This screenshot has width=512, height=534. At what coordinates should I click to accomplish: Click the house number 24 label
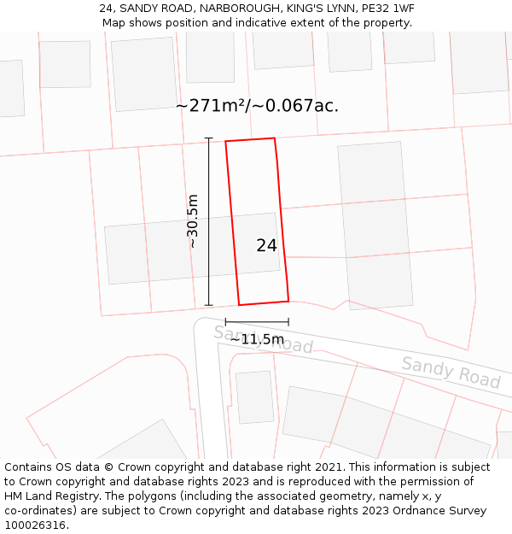point(266,245)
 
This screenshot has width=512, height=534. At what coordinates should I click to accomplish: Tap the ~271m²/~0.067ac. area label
point(257,106)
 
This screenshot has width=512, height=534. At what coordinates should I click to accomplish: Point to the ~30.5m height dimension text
point(193,220)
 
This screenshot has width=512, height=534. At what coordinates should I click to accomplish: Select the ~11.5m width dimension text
point(257,339)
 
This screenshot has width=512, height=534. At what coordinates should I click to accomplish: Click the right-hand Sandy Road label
point(451,373)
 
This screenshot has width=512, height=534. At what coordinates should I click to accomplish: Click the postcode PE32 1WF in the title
point(388,9)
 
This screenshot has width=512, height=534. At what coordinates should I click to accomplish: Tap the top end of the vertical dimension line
point(208,138)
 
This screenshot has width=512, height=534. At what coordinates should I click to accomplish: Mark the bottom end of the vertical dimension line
point(208,305)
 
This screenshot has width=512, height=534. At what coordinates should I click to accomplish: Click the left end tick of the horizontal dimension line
point(226,322)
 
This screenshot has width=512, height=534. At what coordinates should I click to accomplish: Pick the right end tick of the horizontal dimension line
point(288,322)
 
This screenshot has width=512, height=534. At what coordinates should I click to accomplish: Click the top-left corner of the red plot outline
point(226,141)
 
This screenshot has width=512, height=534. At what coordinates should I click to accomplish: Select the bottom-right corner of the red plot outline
point(288,301)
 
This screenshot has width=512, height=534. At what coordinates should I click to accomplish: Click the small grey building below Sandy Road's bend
point(253,396)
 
